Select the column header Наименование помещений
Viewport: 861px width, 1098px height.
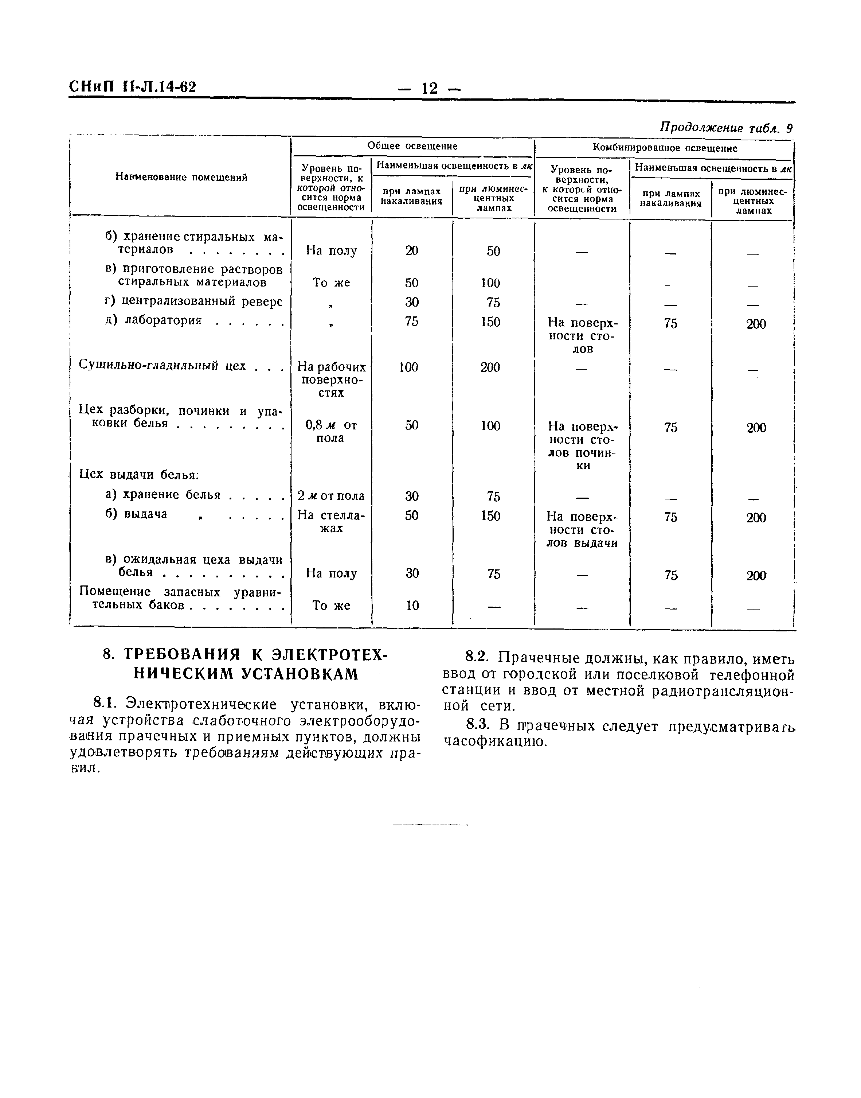coord(181,177)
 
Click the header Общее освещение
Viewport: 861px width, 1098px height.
coord(412,146)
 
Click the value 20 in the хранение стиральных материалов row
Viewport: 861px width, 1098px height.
coord(412,251)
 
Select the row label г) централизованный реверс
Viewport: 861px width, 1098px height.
coord(194,301)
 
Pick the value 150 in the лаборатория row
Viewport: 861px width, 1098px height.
coord(490,322)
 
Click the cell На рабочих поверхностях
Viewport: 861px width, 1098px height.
coord(332,379)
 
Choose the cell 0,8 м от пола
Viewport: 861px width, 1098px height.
coord(331,432)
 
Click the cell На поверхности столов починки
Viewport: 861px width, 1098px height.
coord(583,446)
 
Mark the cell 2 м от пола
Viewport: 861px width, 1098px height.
coord(331,496)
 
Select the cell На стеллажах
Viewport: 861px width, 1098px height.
coord(331,522)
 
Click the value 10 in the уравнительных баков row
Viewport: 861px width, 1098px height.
coord(412,606)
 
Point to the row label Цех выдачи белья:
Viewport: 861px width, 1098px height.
coord(140,475)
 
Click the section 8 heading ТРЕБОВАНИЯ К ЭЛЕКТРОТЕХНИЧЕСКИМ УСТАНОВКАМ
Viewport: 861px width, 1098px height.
coord(246,664)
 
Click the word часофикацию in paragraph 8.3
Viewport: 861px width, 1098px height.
coord(495,742)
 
